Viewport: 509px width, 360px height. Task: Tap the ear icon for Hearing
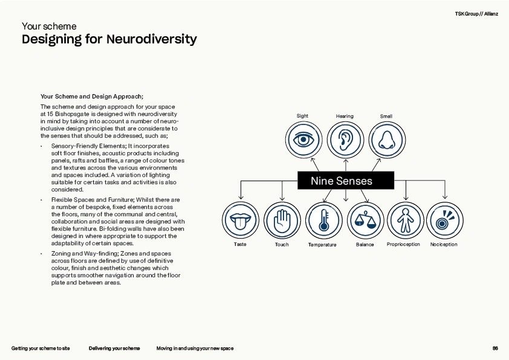(x=345, y=139)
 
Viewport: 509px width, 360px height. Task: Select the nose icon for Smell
(x=386, y=139)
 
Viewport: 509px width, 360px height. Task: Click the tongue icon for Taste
(x=240, y=220)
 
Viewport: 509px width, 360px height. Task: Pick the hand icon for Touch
(x=282, y=220)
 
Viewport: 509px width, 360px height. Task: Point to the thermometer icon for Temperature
(x=324, y=220)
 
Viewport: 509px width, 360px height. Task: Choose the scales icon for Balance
(x=365, y=220)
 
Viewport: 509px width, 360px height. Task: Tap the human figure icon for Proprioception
(x=404, y=220)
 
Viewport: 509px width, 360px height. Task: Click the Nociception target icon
(x=444, y=220)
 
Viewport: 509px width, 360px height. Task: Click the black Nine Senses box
(x=345, y=181)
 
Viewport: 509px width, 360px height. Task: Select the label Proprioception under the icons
(x=403, y=245)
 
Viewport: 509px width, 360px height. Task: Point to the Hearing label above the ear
(x=345, y=116)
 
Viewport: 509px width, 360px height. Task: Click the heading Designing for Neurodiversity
(x=109, y=40)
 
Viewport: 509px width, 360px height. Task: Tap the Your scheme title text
(x=49, y=26)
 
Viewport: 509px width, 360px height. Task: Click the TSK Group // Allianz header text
(x=476, y=13)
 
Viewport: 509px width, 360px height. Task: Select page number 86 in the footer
(x=495, y=349)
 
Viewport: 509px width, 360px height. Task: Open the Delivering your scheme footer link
(x=114, y=349)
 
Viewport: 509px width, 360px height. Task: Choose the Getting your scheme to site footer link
(x=41, y=349)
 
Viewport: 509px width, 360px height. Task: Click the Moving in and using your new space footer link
(x=195, y=349)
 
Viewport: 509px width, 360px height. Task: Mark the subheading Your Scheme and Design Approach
(x=91, y=96)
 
